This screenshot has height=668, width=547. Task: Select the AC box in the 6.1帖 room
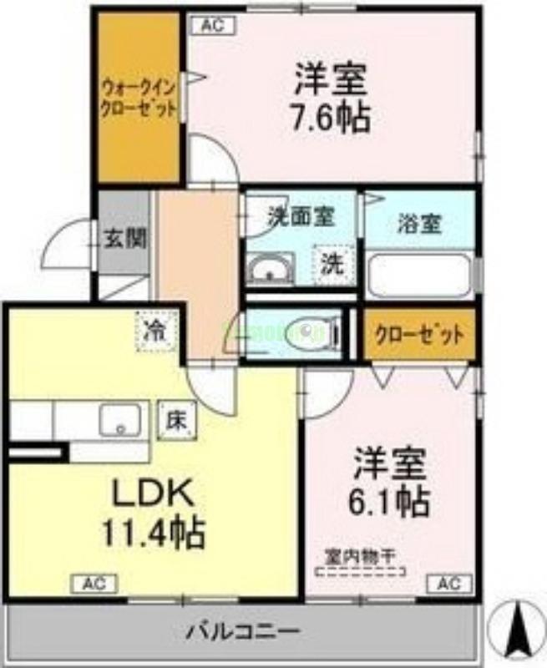(x=444, y=582)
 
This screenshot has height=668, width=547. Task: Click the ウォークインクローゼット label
(x=139, y=98)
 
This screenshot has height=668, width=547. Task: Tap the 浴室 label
(x=420, y=225)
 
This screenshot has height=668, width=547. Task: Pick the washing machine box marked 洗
(x=332, y=265)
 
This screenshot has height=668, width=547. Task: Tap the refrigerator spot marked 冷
(x=155, y=328)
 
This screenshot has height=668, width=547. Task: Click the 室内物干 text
(x=360, y=555)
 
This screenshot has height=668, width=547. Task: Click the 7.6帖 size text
(x=332, y=118)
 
